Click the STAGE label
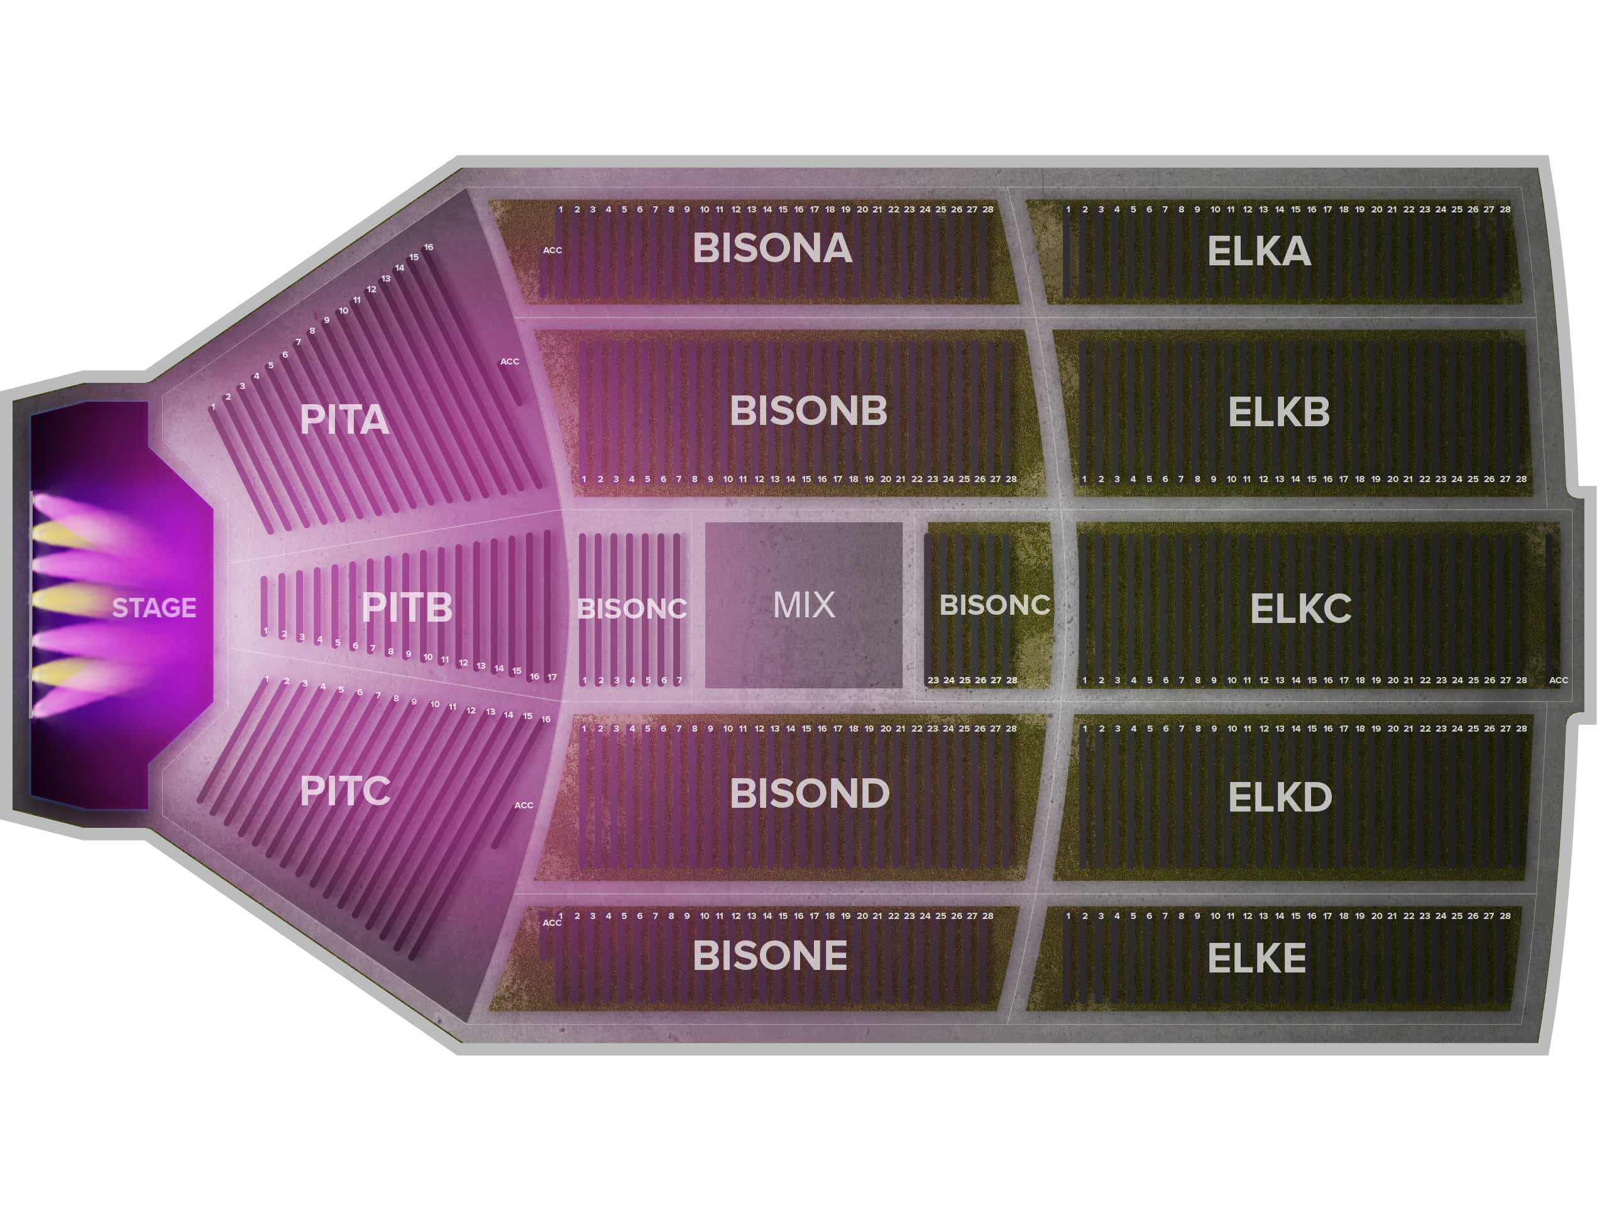point(154,607)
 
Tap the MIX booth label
point(804,605)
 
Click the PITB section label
point(407,607)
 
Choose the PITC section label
point(345,791)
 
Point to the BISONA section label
point(772,248)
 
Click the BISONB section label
point(808,410)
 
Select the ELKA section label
point(1258,251)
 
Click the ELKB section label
point(1278,412)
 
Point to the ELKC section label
point(1300,609)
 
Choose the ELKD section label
point(1280,797)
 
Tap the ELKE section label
point(1256,958)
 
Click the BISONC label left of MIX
point(632,609)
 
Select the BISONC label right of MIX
point(994,605)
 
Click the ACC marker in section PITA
point(509,361)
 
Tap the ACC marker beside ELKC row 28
point(1558,680)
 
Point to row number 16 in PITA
point(429,247)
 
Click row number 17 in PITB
point(552,677)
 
